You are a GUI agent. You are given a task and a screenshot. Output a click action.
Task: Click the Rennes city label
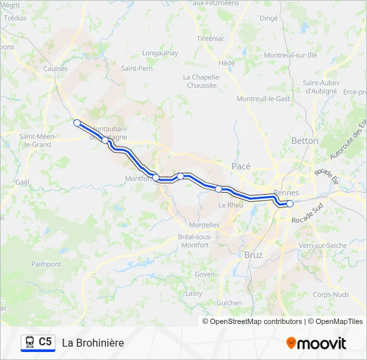(286, 192)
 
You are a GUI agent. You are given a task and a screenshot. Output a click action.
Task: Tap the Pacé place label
(240, 165)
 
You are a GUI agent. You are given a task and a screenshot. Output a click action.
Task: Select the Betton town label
(305, 141)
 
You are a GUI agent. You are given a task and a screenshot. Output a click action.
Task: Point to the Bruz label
(254, 255)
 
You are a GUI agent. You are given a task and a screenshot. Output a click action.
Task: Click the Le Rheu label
(231, 205)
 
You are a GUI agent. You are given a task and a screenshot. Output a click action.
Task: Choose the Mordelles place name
(204, 225)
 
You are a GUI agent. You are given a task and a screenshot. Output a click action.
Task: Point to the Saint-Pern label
(136, 68)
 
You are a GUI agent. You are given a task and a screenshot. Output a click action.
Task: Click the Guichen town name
(230, 302)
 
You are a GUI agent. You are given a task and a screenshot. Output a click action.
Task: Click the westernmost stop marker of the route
(77, 123)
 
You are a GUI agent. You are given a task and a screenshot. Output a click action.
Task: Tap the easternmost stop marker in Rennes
(290, 203)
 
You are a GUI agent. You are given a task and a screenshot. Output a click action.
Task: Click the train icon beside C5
(29, 342)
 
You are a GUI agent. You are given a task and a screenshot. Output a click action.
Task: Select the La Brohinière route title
(93, 343)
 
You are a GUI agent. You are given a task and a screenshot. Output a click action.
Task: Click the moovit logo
(316, 343)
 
